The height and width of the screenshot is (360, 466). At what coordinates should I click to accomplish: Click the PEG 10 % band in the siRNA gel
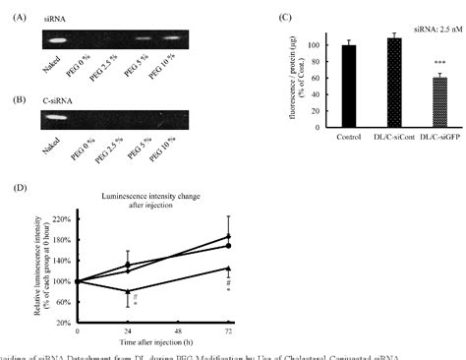pos(174,39)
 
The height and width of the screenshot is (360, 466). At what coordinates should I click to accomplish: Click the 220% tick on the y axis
pos(63,217)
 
